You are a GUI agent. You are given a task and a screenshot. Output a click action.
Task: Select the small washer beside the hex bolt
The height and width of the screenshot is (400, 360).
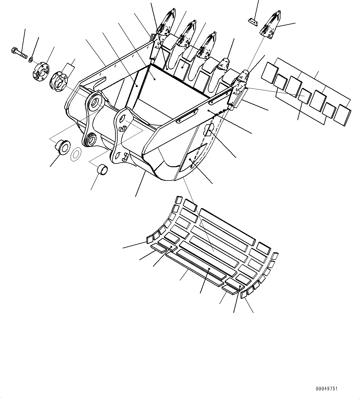pos(31,59)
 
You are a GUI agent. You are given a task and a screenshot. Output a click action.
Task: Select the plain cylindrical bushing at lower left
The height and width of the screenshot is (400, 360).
pos(103,170)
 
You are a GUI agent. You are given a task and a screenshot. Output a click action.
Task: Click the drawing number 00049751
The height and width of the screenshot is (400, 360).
pos(327,389)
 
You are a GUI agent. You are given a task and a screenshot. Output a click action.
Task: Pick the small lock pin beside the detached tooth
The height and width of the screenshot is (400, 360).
pos(253,21)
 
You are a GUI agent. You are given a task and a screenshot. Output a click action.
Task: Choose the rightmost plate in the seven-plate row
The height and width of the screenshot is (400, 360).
pos(343,115)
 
